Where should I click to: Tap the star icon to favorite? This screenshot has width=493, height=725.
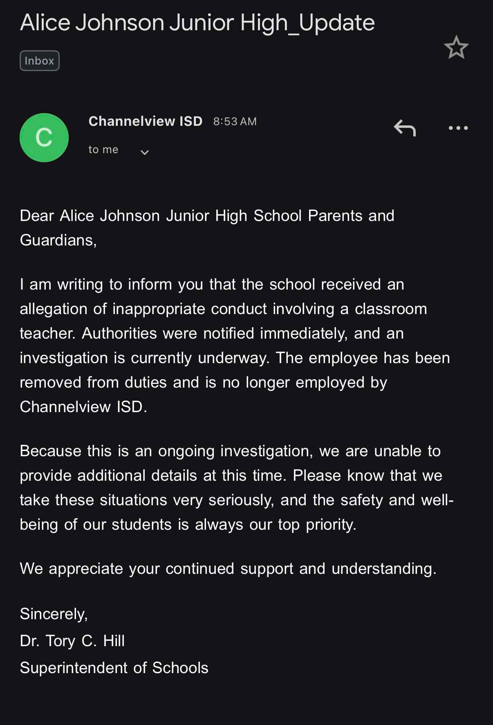tap(456, 47)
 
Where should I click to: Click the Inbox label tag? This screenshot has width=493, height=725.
tap(39, 60)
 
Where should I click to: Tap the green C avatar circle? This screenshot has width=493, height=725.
tap(44, 138)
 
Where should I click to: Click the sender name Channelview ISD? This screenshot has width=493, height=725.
tap(145, 121)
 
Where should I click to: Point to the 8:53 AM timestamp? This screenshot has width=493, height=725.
tap(235, 122)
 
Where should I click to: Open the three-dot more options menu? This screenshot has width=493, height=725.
tap(458, 128)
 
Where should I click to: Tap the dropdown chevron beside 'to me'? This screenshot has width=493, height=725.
tap(144, 152)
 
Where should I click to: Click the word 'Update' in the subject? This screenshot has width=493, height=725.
tap(336, 23)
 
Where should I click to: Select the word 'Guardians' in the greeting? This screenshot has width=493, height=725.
tap(57, 240)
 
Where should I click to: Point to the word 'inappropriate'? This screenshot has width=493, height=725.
tap(159, 309)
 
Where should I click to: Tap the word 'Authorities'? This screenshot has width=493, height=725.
tap(119, 333)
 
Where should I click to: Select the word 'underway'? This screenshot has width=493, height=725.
tap(233, 358)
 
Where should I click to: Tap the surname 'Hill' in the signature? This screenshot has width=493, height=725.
tap(114, 641)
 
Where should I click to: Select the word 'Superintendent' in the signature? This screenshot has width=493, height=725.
tap(74, 668)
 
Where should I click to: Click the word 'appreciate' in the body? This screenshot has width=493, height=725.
tap(85, 569)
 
